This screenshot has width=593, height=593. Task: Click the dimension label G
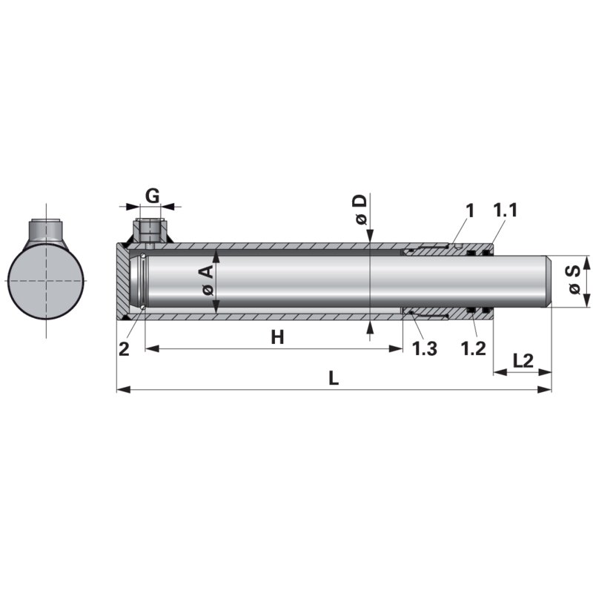(151, 196)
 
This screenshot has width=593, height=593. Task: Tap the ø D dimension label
(360, 208)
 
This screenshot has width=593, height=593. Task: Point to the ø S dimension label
(573, 281)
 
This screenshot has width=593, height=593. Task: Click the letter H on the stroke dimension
(277, 338)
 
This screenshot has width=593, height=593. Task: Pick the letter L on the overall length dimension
(334, 378)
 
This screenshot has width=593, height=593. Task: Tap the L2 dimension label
(523, 360)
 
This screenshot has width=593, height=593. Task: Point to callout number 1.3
(424, 348)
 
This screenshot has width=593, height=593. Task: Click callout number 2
(124, 348)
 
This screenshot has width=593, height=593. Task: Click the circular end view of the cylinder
(46, 282)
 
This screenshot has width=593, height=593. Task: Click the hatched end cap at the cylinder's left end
(122, 282)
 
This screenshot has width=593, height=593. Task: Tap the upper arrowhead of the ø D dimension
(368, 236)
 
